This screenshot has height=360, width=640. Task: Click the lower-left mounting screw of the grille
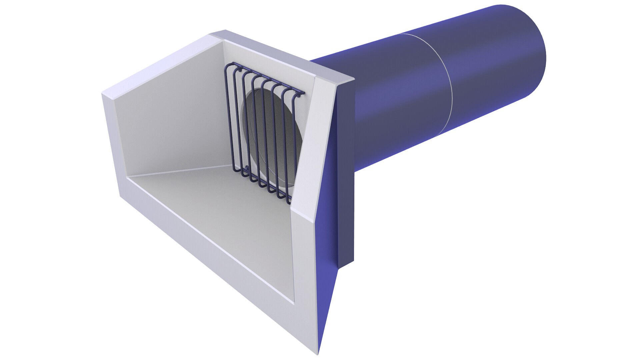coord(247,169)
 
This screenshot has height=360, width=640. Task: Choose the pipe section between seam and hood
coord(393,100)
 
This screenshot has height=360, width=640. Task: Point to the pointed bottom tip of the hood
coord(318,352)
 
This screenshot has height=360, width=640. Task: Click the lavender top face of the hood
coord(283,53)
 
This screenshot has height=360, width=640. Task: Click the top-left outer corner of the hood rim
coord(103,95)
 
